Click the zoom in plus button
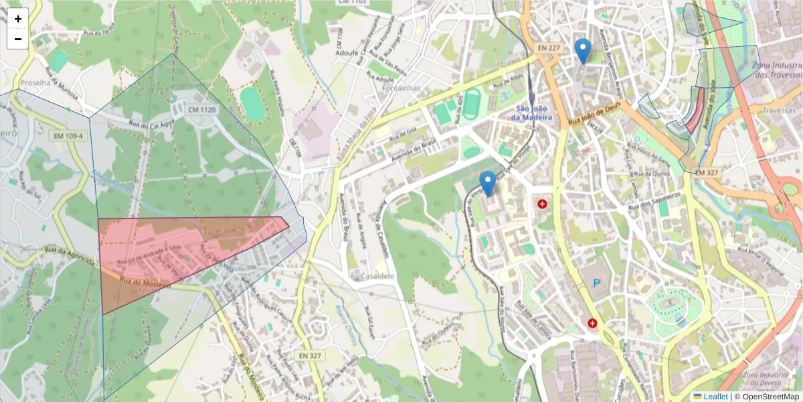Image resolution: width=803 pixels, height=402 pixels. (18, 19)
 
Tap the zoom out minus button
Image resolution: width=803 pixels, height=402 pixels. (18, 39)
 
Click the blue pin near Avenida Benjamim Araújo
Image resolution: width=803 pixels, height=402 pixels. (583, 50)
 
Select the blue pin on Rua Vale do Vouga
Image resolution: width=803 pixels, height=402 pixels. (488, 183)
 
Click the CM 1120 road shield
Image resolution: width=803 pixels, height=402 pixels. (203, 109)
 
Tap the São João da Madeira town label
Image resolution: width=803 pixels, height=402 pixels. (535, 113)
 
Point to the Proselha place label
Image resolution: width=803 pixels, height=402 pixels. (37, 83)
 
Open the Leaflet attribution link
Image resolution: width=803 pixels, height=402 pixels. (715, 396)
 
